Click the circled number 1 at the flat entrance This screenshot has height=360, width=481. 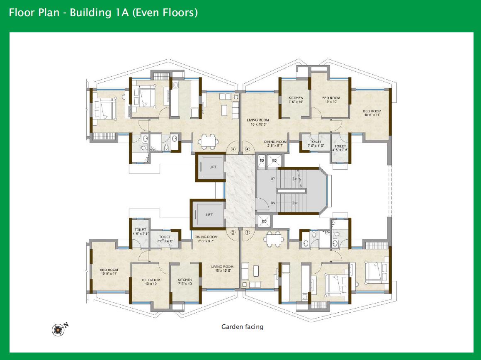[x=248, y=233]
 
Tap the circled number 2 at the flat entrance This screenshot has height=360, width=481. [x=233, y=233]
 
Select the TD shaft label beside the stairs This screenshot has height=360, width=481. [x=262, y=160]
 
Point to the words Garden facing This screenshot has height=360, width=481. [x=242, y=327]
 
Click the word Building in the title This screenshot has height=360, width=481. [x=87, y=13]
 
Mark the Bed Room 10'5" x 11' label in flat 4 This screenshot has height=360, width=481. [x=372, y=113]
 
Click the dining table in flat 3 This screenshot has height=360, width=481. [x=207, y=141]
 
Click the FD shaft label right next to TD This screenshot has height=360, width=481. [x=274, y=160]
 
